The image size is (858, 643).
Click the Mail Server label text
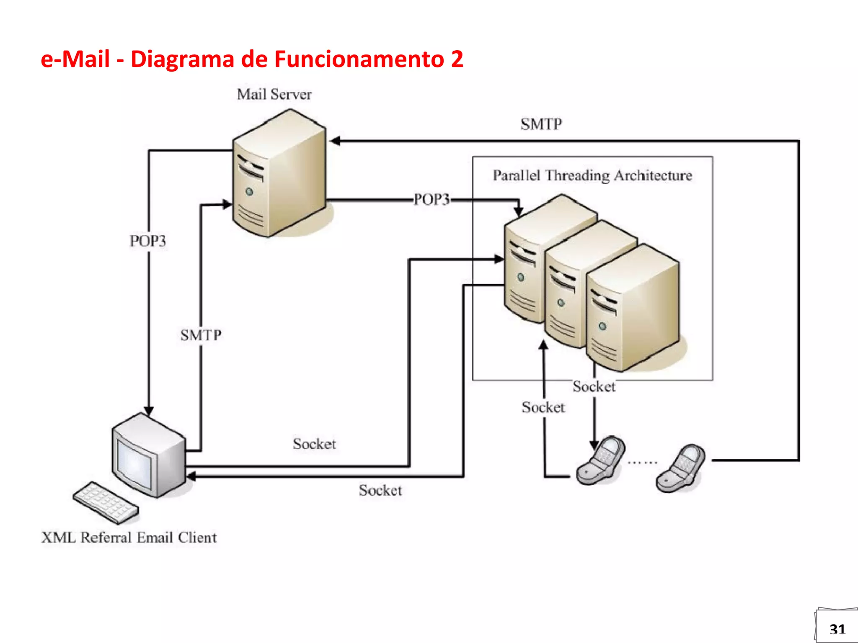tap(274, 94)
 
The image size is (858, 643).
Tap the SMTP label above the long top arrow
tap(541, 124)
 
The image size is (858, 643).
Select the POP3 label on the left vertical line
tap(147, 241)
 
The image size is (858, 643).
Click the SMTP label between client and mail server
tap(201, 335)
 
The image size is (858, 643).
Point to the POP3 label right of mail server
tap(432, 200)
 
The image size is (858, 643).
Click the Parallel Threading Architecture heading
tap(592, 175)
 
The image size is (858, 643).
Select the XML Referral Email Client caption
tap(129, 538)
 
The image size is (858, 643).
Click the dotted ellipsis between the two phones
tap(642, 463)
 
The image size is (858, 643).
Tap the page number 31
tap(837, 629)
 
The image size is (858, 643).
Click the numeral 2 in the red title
tap(457, 59)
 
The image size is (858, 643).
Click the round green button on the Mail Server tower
tap(250, 192)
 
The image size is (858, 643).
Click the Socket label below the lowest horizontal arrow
tap(380, 490)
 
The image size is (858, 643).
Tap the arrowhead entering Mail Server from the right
tap(335, 141)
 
